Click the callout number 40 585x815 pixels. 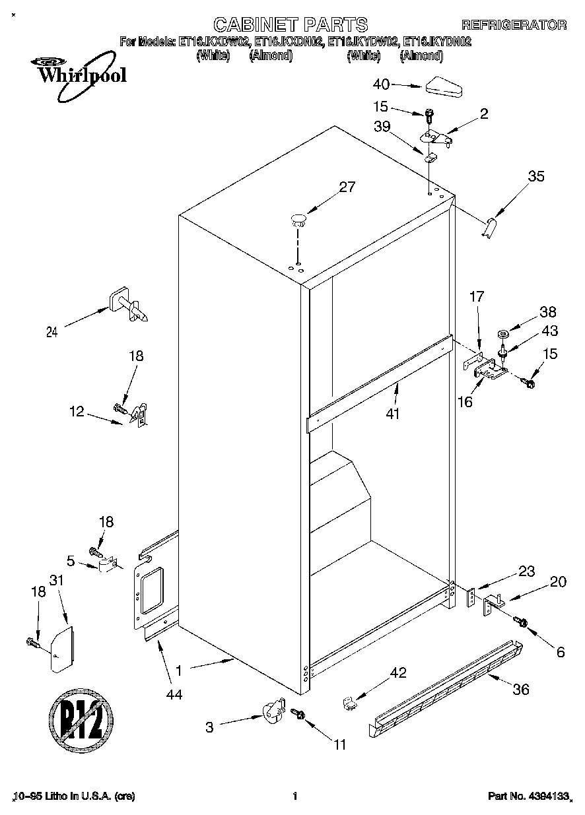tap(382, 84)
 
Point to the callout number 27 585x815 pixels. tap(347, 187)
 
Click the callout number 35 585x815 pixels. tap(536, 176)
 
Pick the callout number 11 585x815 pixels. tap(339, 745)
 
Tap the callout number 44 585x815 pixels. tap(174, 694)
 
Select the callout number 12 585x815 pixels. tap(77, 411)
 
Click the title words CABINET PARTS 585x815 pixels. tap(292, 25)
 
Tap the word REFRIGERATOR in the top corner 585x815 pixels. tap(513, 26)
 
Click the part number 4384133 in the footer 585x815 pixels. tap(547, 797)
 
